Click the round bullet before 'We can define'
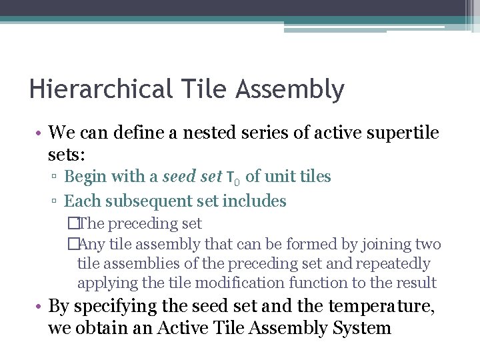(41, 133)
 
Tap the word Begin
(86, 177)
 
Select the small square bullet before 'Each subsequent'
(57, 201)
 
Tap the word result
(415, 282)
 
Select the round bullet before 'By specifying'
(41, 307)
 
